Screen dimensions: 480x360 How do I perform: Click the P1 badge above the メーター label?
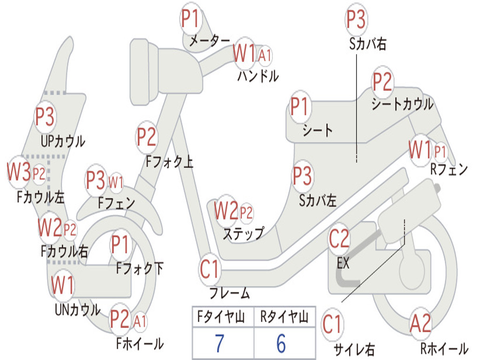coord(191,18)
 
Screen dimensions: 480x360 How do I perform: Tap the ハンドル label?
coord(258,76)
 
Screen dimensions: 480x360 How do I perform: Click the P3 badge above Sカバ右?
coord(356,19)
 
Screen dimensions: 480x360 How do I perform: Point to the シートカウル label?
coord(402,104)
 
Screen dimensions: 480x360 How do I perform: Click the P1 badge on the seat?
coord(300,106)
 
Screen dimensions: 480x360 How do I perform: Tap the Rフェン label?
coord(449,169)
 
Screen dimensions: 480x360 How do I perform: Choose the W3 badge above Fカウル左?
coord(19,172)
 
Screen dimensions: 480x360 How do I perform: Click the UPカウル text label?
coord(63,142)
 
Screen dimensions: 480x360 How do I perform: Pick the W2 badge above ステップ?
coord(226,210)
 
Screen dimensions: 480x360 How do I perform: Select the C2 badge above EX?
coord(339,239)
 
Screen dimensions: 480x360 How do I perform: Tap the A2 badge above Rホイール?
coord(420,324)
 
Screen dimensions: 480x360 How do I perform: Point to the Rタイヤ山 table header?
coord(285,316)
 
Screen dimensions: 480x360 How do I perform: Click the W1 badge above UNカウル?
coord(63,285)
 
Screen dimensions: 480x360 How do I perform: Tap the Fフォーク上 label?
coord(170,161)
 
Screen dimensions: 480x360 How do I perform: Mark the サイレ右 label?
coord(354,349)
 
